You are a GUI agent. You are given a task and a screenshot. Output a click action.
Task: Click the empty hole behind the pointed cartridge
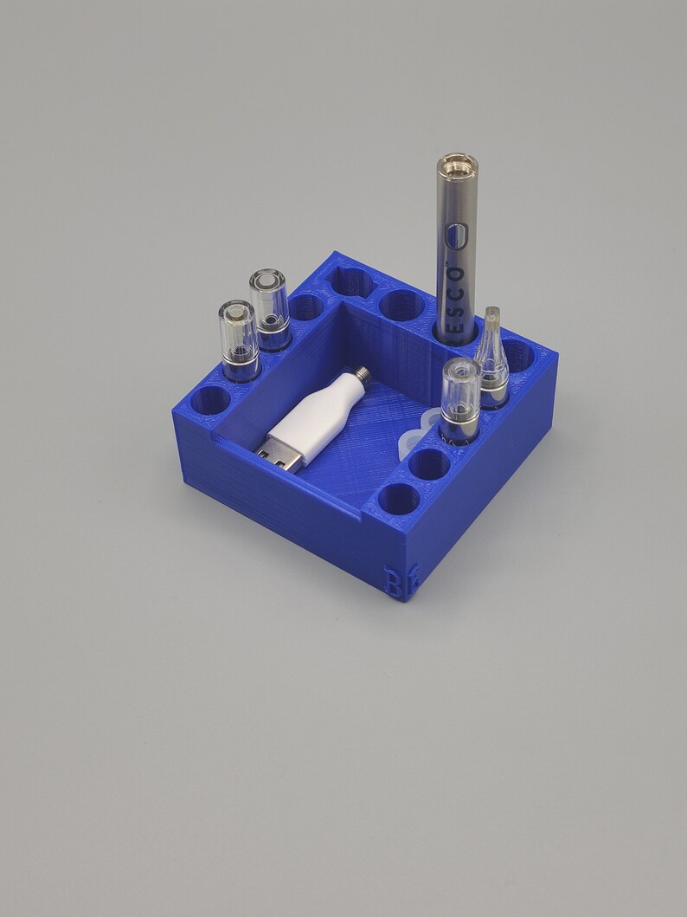point(517,352)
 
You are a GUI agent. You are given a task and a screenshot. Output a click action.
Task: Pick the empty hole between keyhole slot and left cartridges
point(305,306)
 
